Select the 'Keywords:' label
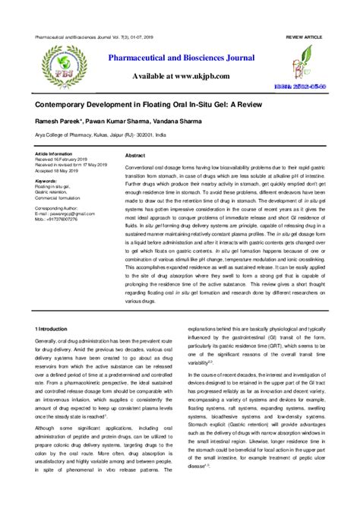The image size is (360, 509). coord(46,182)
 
